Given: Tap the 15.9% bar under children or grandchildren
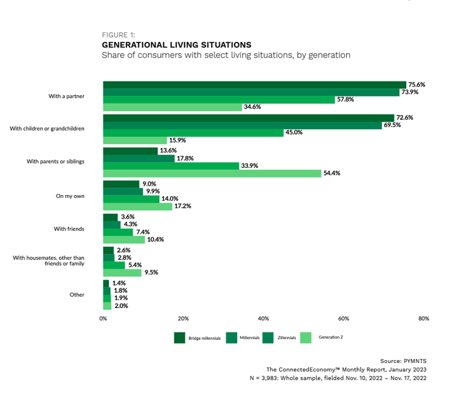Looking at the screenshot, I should coord(135,140).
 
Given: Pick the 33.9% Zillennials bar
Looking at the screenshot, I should coord(171,166).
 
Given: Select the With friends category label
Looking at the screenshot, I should coord(69,229).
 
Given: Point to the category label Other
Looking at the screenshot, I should coord(77,294).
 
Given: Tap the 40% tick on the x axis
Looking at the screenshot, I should coord(264,319).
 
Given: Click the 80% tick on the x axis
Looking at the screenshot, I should coord(423,319).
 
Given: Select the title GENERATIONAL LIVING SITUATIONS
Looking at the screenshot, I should coord(177,44).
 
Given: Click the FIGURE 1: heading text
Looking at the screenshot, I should coord(118,35).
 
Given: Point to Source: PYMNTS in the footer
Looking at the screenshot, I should coord(403,361).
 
